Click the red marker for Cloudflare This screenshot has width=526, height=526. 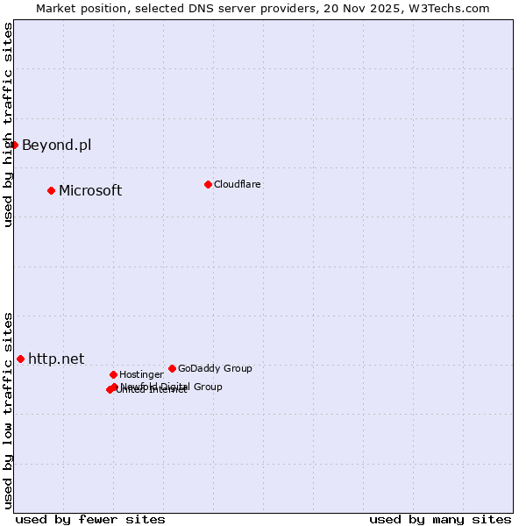(x=208, y=184)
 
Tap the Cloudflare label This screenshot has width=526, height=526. (x=237, y=184)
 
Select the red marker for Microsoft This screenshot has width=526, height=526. (x=51, y=190)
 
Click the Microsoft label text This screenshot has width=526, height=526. (x=90, y=190)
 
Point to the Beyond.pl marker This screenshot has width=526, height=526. (x=15, y=145)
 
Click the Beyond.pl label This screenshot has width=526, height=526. (x=56, y=145)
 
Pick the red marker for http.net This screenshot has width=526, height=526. (x=20, y=359)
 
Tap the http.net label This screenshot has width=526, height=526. (x=56, y=359)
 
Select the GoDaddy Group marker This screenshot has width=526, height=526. (x=172, y=368)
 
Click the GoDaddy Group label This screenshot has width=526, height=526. (x=215, y=368)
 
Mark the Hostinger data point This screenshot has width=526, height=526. (x=113, y=374)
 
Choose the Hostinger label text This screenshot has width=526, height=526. (x=141, y=374)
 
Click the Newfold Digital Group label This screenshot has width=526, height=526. (x=172, y=387)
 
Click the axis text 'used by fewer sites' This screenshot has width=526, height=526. (x=90, y=519)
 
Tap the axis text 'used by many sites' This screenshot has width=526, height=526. (x=440, y=519)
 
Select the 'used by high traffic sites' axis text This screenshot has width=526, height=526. (x=8, y=124)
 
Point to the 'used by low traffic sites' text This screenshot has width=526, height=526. (x=8, y=410)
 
